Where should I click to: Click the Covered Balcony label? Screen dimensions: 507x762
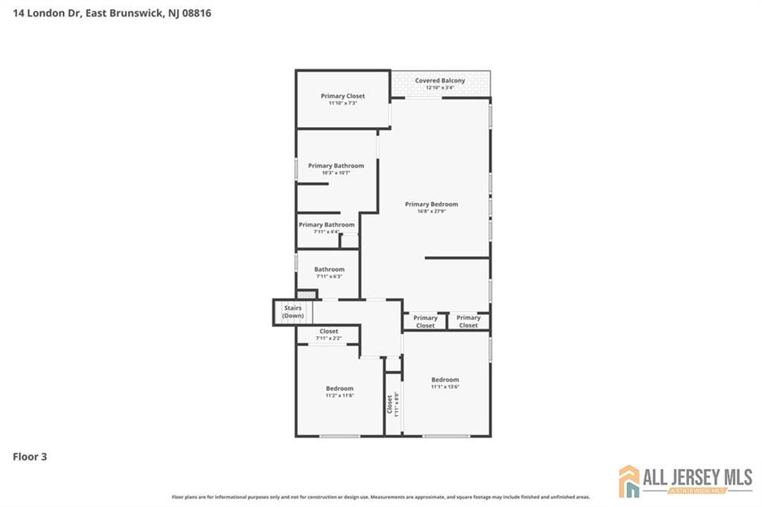440,80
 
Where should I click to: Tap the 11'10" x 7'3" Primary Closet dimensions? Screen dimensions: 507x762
342,103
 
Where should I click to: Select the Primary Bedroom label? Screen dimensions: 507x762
431,204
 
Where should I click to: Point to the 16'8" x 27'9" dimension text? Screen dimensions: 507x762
431,211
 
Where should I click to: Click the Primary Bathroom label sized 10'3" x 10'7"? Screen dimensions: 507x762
336,166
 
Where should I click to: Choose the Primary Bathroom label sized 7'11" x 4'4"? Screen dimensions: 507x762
326,225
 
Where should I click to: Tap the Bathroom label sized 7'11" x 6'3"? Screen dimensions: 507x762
329,269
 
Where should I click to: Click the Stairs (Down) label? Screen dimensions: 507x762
292,311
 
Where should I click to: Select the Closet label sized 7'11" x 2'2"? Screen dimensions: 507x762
328,332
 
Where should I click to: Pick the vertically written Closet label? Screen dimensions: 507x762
389,404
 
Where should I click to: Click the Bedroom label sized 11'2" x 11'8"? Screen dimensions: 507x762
339,388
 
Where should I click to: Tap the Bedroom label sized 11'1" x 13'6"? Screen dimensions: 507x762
445,380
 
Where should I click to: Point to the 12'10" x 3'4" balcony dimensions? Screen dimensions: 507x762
440,88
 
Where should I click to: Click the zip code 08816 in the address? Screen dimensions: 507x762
196,13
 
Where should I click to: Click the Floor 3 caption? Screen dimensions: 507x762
30,456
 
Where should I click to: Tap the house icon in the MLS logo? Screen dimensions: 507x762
629,481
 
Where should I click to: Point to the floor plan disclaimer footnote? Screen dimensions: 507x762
381,497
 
